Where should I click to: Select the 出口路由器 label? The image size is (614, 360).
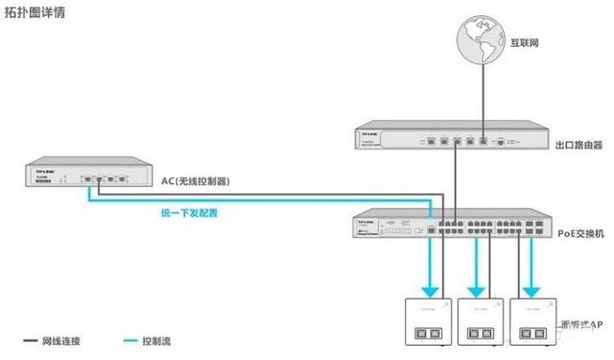click(x=579, y=146)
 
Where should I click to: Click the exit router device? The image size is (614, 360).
click(x=452, y=138)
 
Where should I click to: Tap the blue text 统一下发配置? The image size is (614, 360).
click(x=187, y=212)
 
